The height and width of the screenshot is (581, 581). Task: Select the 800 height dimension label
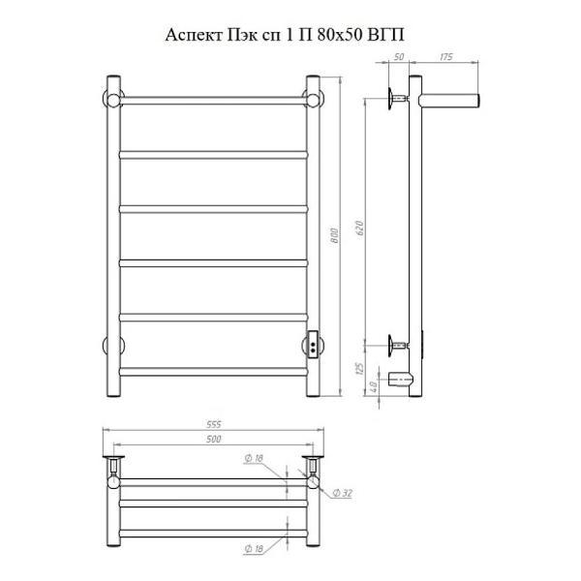[x=334, y=235]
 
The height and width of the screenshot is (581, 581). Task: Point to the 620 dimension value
[x=359, y=229]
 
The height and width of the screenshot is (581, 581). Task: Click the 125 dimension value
[x=359, y=368]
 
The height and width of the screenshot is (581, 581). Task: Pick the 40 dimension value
[x=374, y=386]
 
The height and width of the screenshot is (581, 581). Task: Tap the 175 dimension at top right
[x=446, y=57]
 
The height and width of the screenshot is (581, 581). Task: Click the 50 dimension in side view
[x=399, y=57]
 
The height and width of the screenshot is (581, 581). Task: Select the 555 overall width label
[x=213, y=424]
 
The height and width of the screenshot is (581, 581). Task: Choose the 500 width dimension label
[x=213, y=439]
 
